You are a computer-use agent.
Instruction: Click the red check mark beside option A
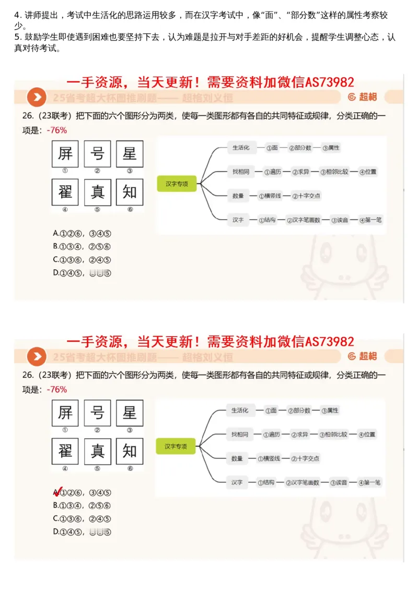pos(57,492)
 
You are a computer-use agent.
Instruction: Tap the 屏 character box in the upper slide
pos(65,153)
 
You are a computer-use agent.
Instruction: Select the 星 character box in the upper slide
pos(129,153)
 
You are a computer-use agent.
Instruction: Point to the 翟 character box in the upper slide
pos(65,192)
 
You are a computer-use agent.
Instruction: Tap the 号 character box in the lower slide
pos(97,413)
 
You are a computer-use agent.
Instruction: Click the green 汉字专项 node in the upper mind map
pos(177,184)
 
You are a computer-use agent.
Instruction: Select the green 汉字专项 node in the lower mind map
pos(176,446)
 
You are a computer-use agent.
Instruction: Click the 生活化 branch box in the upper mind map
pos(241,148)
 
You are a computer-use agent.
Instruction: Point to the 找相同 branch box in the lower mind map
pos(240,434)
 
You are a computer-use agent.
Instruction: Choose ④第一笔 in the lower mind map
pos(369,483)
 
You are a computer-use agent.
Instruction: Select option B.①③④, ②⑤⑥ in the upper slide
pos(82,246)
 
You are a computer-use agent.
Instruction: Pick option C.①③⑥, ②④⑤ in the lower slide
pos(82,519)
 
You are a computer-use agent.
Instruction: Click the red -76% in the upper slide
pos(56,130)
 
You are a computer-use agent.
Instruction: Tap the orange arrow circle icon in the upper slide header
pos(36,97)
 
